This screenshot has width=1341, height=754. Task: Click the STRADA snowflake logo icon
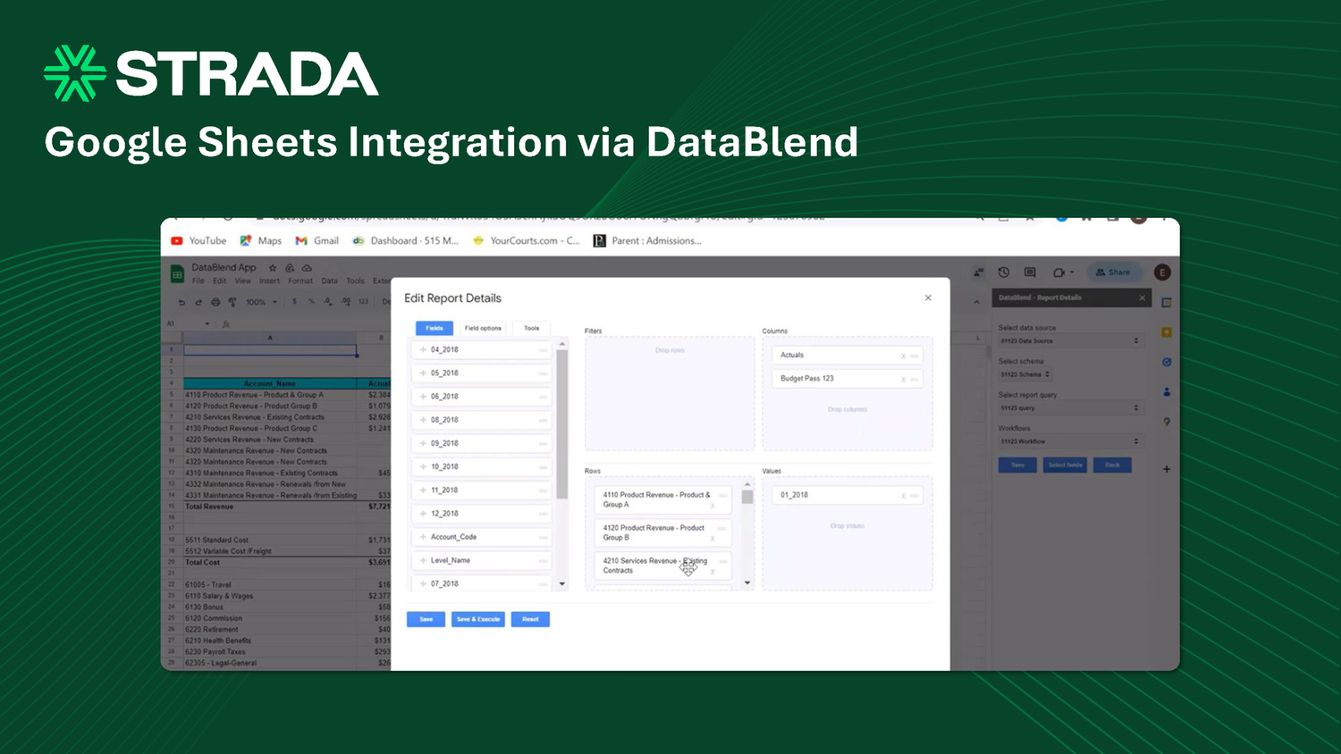point(75,73)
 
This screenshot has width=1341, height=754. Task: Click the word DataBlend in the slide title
point(752,143)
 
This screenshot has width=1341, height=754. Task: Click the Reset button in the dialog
point(530,619)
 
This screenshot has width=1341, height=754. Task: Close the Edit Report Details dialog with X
point(928,297)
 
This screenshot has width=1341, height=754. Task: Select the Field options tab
point(483,328)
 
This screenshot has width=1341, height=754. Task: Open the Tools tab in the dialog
point(531,328)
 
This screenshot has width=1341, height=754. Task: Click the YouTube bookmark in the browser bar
point(199,240)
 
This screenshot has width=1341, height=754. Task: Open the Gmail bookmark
point(317,240)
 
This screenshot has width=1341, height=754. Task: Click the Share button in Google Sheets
point(1113,272)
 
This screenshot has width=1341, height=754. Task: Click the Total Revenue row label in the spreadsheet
point(210,507)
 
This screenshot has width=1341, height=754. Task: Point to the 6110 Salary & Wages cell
point(220,596)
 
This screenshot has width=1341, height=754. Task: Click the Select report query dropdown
point(1069,408)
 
